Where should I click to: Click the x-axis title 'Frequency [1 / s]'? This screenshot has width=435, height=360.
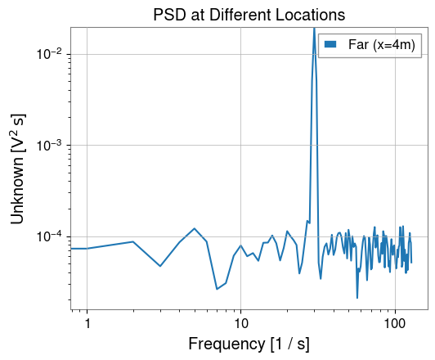pos(249,344)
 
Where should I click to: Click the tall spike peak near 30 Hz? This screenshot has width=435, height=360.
pos(314,29)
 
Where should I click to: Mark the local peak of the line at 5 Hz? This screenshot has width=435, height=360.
pos(194,228)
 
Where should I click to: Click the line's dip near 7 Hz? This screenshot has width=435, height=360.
pos(217,289)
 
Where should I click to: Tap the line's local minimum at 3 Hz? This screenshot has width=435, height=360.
pos(160,266)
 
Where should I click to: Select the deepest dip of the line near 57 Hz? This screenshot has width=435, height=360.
pos(357,298)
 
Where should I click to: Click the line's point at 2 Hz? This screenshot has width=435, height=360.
pos(133,241)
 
